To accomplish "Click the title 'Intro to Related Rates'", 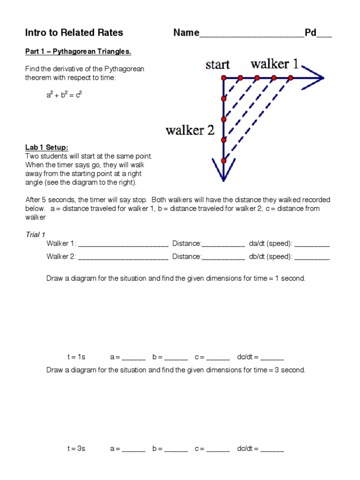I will pos(74,32).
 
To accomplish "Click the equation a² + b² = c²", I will pos(64,95).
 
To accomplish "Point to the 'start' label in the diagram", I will pos(217,65).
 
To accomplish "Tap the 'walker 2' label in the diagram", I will pos(190,130).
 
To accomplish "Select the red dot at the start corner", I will pos(224,78).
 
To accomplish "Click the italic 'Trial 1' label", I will pos(36,234).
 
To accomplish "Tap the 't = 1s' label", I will pos(76,357).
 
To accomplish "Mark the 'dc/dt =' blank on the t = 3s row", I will pos(272,450).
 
